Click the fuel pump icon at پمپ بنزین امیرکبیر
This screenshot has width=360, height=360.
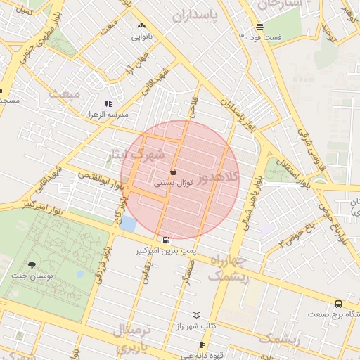coord(165,240)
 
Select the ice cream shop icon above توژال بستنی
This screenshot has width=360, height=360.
coord(173,172)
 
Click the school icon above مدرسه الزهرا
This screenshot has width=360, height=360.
coord(108,103)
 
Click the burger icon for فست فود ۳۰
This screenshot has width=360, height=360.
coord(259,27)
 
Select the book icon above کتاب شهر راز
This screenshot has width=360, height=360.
coord(196,316)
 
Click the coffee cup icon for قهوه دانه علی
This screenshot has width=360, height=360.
coord(202,345)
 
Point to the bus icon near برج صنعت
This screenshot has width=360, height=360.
coord(339,304)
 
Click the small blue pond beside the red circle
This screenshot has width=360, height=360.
coord(129,224)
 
